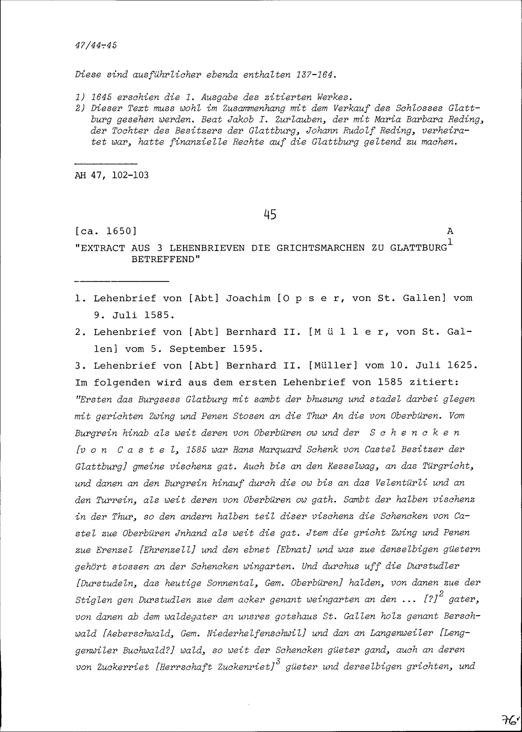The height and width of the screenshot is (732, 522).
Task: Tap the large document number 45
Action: [270, 214]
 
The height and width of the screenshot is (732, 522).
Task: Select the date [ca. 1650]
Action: [106, 231]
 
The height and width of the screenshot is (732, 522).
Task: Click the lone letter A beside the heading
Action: [450, 231]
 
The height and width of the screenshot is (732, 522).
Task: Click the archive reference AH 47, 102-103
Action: [111, 175]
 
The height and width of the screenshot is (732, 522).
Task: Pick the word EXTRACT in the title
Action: [102, 248]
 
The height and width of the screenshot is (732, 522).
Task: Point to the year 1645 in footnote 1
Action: [101, 97]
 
